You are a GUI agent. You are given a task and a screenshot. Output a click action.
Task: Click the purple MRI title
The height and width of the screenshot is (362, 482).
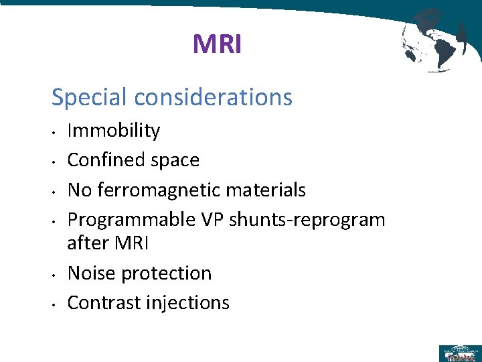217,45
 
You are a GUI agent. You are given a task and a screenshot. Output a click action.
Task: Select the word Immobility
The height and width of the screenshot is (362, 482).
114,131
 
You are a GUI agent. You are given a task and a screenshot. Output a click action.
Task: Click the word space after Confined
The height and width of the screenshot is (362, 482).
175,160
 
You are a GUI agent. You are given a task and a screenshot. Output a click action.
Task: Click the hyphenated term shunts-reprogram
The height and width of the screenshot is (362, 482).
307,220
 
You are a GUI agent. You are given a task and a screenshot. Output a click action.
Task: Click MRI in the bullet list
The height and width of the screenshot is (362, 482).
132,243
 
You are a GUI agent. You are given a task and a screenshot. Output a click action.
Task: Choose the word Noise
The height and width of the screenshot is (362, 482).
90,274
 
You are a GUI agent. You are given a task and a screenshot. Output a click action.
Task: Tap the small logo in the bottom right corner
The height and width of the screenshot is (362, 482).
459,352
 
